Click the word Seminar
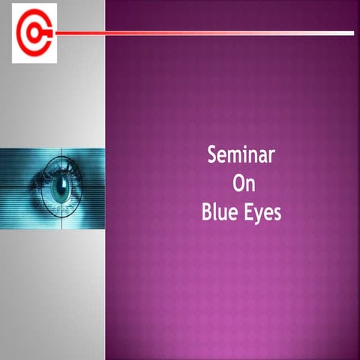pos(241,156)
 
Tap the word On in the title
pos(241,184)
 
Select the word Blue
pos(219,212)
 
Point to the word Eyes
pos(263,213)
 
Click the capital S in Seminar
pos(212,156)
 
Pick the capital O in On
pos(236,184)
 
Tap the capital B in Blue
pos(207,212)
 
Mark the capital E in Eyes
pos(250,212)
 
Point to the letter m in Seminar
pos(235,157)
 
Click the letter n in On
pos(247,185)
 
